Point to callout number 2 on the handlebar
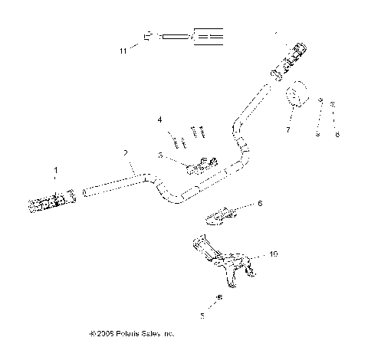125,153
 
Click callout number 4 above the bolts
160,119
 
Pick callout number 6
260,203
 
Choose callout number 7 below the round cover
287,130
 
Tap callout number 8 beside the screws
336,134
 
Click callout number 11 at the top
122,51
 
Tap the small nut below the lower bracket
219,296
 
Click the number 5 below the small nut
202,314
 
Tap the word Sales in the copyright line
153,334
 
